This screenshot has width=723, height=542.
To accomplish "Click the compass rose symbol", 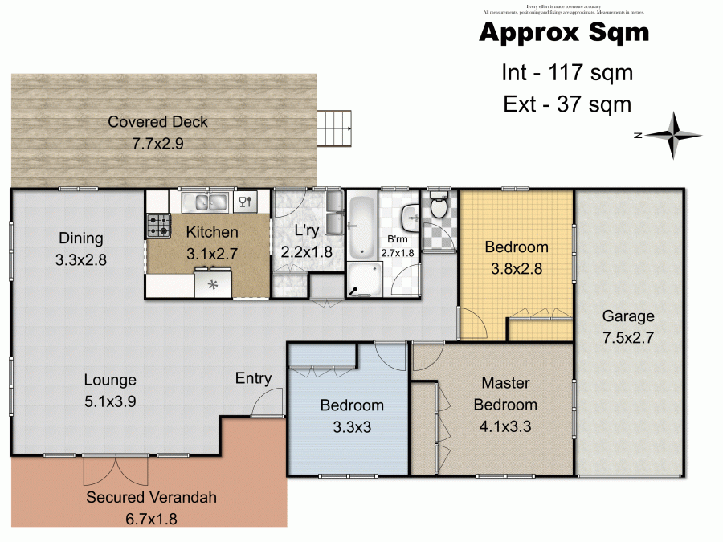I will click(675, 136).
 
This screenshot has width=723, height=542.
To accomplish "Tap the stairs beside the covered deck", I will click(334, 128).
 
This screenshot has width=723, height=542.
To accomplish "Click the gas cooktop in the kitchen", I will click(157, 226).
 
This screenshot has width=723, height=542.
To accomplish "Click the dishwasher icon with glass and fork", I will click(247, 202).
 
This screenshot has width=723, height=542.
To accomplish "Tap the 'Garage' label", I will click(629, 316).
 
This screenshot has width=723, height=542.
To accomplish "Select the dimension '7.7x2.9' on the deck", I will click(157, 145).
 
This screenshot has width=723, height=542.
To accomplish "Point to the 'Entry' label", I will click(253, 378).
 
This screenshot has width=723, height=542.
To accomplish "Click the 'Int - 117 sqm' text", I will click(567, 73).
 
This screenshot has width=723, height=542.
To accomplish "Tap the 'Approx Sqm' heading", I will click(564, 34).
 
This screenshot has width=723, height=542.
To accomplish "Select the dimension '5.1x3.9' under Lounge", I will click(110, 401).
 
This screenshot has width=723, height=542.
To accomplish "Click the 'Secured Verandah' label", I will click(152, 497).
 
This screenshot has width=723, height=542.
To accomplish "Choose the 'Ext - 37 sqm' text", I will click(567, 104).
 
